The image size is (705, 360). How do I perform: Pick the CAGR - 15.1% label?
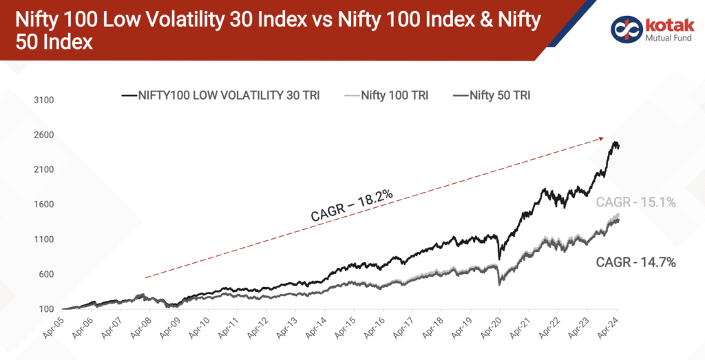click(x=635, y=202)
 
